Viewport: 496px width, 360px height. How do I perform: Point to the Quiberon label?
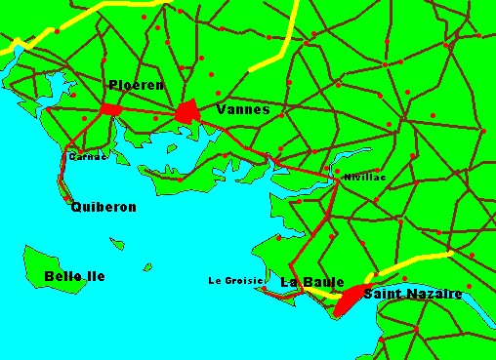point(103,207)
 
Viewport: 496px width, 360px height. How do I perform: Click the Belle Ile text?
point(74,276)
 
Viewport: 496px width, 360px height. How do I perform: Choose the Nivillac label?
point(365,177)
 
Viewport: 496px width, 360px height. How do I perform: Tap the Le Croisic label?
point(235,281)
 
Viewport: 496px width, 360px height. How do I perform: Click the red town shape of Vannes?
point(188,112)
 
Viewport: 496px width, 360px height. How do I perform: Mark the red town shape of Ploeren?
point(108,108)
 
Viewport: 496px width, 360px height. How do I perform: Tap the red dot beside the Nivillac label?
point(338,177)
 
